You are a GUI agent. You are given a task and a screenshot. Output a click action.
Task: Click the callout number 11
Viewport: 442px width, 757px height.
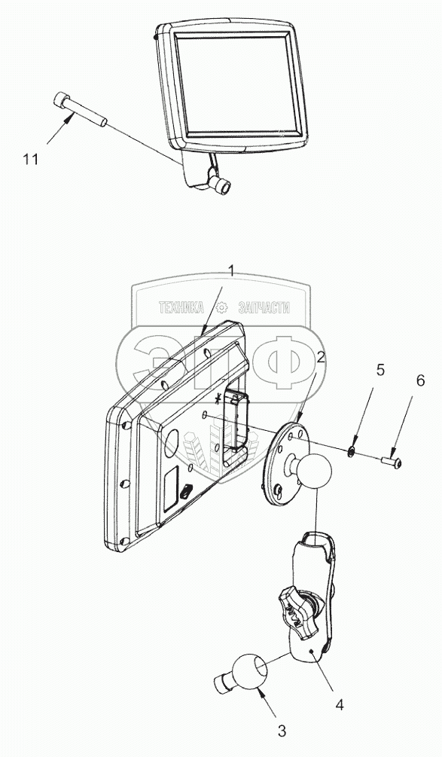click(30, 159)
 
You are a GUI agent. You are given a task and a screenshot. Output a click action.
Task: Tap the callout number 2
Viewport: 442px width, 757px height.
click(321, 358)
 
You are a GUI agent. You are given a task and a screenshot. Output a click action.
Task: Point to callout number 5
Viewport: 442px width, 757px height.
click(380, 371)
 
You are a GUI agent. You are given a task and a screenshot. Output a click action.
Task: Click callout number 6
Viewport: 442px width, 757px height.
click(420, 380)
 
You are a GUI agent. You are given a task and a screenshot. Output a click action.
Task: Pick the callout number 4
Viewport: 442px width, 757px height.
click(340, 705)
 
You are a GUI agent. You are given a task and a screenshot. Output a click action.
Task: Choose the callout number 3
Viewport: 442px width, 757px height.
click(282, 731)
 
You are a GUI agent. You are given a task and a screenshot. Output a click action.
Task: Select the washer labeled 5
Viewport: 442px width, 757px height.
click(352, 451)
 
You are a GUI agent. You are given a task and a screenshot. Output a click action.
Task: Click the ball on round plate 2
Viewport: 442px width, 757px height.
click(315, 469)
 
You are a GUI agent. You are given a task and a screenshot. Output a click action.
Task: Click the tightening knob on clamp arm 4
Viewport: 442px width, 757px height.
click(293, 612)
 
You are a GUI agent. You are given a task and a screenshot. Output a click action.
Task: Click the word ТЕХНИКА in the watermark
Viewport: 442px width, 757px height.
click(181, 307)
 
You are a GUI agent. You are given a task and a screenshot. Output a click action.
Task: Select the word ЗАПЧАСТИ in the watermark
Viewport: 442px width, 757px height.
click(264, 307)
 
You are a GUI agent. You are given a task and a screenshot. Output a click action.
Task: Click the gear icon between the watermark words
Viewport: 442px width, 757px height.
click(221, 307)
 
